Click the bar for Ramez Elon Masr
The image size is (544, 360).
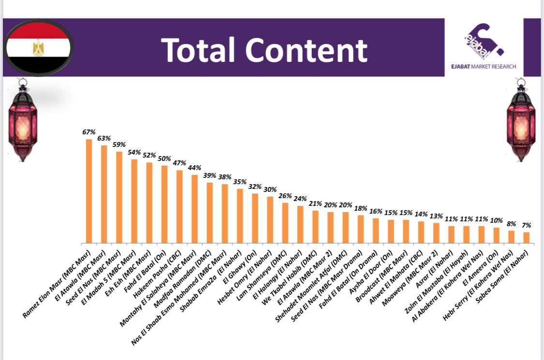[89, 191]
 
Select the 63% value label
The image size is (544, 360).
[104, 138]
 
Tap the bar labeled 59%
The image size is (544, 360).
[119, 197]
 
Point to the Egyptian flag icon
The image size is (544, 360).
[39, 48]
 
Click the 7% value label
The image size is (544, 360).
[526, 225]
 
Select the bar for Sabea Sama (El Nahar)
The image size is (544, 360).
[526, 237]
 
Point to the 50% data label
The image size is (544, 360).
[164, 158]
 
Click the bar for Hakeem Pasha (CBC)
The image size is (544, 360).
[179, 206]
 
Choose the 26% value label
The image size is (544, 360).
[285, 196]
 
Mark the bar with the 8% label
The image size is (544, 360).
[511, 237]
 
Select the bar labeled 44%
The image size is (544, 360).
[194, 209]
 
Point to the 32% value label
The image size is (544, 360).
[255, 187]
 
